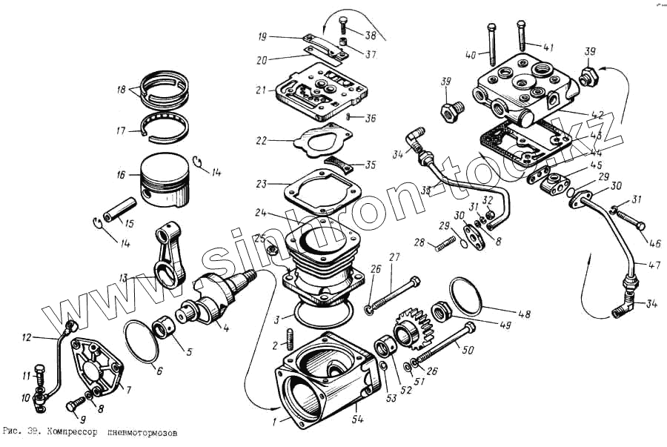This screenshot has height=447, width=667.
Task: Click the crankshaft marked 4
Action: (x=222, y=292)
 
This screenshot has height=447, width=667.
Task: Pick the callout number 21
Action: (x=260, y=90)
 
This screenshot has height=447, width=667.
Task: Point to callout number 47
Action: (x=654, y=265)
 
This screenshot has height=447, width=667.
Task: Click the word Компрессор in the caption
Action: (x=73, y=431)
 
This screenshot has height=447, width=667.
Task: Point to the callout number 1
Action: (x=274, y=420)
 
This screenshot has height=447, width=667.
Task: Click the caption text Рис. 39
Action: (x=21, y=431)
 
